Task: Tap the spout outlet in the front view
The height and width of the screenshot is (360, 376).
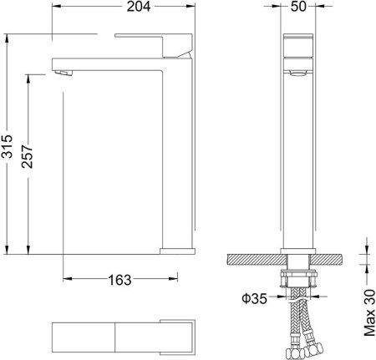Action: click(x=298, y=74)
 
